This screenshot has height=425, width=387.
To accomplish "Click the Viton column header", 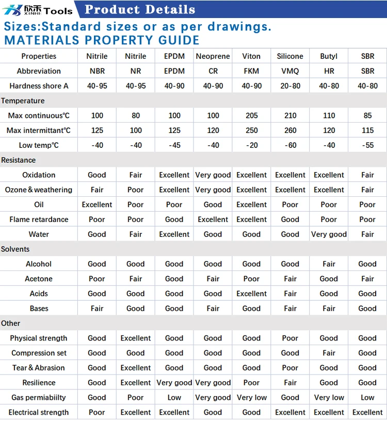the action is [251, 56].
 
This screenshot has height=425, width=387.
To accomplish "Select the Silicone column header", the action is [290, 56].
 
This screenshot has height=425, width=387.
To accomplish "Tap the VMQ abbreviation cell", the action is [290, 71].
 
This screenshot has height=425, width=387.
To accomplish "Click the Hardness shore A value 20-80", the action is [291, 86].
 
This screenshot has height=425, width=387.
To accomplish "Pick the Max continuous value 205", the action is [252, 115].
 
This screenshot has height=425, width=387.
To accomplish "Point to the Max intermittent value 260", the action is [291, 130].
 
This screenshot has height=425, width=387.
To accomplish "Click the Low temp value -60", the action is [291, 145].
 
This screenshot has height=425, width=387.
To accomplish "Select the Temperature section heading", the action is [23, 101].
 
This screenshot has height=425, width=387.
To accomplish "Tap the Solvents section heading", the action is [15, 249].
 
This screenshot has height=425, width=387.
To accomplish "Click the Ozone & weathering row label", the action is [39, 190].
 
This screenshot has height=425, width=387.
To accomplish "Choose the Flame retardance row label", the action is [39, 219].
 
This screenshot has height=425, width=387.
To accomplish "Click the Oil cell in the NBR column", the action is [97, 205].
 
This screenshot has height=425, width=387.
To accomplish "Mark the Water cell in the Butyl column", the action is [329, 234].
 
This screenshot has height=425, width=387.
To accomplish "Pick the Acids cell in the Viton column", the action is [252, 294].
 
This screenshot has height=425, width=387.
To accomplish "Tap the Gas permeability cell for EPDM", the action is [174, 397].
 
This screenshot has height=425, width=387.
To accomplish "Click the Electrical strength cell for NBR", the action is [96, 412].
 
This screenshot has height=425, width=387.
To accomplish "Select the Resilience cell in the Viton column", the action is [251, 382].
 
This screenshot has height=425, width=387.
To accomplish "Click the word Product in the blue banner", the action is [112, 9].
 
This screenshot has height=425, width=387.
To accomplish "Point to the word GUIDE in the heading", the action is [179, 40].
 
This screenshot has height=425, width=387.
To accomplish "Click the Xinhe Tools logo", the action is [38, 10].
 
